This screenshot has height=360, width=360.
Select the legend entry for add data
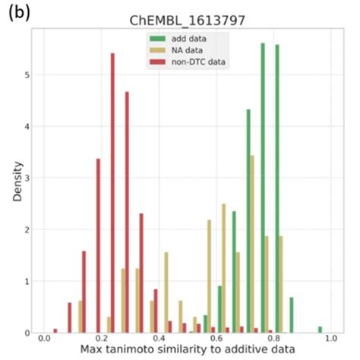click(187, 38)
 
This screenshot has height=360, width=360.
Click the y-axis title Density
click(17, 185)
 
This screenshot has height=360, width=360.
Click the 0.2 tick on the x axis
click(101, 339)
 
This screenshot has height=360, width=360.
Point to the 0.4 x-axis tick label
click(159, 339)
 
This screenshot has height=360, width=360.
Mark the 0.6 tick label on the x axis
click(216, 339)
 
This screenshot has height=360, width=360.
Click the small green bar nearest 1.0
click(321, 330)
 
